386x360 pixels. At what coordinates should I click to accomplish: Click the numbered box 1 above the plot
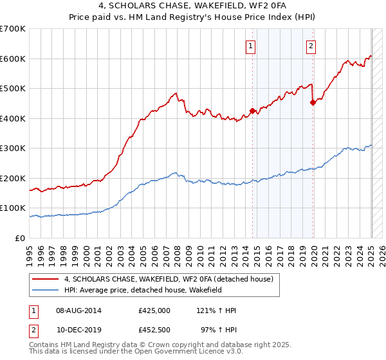pyautogui.click(x=250, y=46)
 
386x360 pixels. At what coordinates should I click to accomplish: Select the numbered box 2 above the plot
pyautogui.click(x=311, y=46)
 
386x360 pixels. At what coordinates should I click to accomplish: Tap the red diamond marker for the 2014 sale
pyautogui.click(x=253, y=111)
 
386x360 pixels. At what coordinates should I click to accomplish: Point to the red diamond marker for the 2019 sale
pyautogui.click(x=313, y=103)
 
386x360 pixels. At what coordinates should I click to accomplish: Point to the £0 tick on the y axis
pyautogui.click(x=20, y=238)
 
